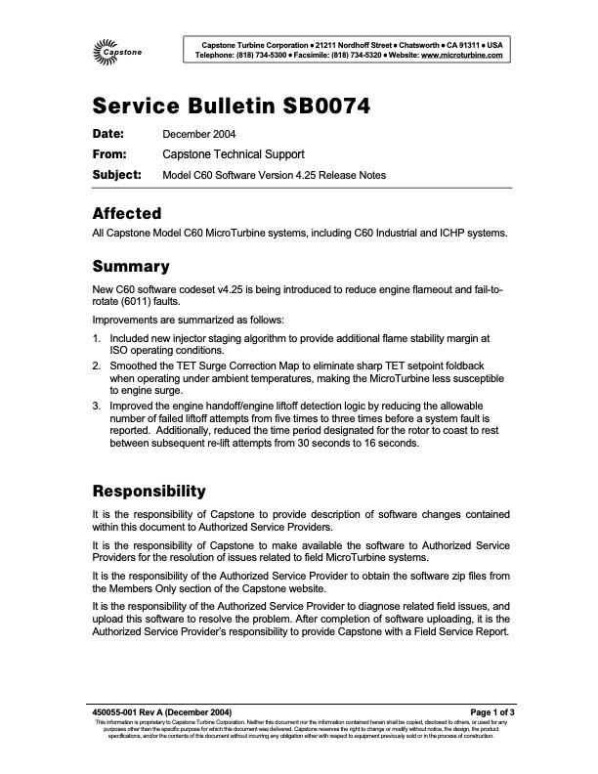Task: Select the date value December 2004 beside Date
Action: (198, 134)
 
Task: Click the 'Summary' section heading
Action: (131, 266)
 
